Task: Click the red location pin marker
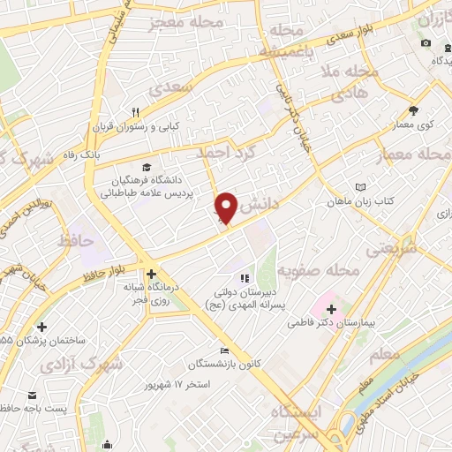227,207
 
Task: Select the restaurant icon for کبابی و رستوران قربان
136,112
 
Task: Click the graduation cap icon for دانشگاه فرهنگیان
145,167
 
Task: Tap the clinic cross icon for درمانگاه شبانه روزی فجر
153,274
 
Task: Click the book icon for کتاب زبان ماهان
360,187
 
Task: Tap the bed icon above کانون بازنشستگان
223,351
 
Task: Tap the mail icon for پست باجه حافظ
33,395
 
